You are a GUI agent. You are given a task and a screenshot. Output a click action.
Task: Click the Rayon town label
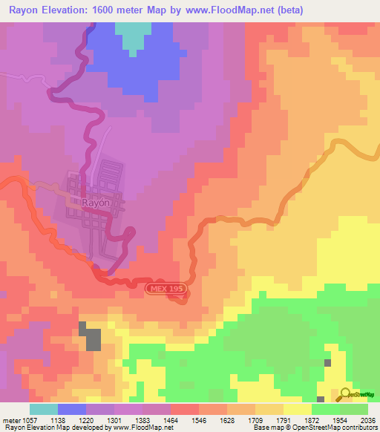coord(96,202)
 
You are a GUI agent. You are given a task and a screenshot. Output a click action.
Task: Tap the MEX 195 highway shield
coord(163,287)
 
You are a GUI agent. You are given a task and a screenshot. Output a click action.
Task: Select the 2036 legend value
coord(368,419)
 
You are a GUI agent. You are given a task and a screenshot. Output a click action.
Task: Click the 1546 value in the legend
coord(199,419)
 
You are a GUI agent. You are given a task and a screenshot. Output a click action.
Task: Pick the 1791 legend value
coord(283,419)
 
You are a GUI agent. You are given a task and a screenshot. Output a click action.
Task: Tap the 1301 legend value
coord(115,419)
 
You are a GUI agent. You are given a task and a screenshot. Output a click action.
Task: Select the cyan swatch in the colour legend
coord(43,409)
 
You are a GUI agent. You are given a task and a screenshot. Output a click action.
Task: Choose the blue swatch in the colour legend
coord(71,409)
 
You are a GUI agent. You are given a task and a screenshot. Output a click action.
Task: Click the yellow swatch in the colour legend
coord(297,409)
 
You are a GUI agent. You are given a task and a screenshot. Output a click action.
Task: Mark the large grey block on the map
coord(93,338)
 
